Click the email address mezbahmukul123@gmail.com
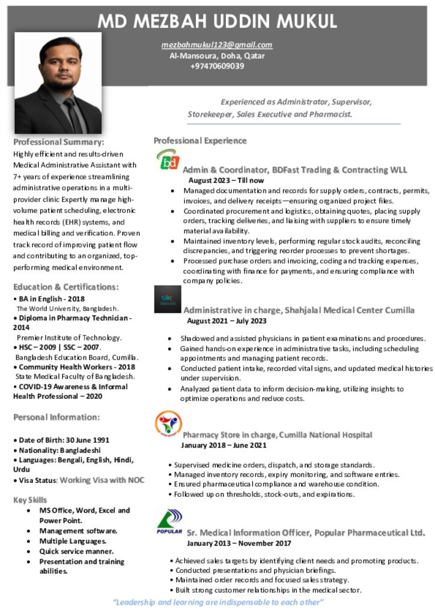217,45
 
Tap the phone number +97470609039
217,66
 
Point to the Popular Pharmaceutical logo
169,521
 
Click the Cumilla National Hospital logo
168,423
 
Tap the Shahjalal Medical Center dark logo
168,299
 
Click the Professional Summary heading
59,142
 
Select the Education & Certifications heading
65,286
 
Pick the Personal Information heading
56,417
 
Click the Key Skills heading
30,499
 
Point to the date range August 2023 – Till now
226,180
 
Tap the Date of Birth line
61,440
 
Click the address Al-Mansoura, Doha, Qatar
217,55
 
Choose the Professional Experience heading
200,141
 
